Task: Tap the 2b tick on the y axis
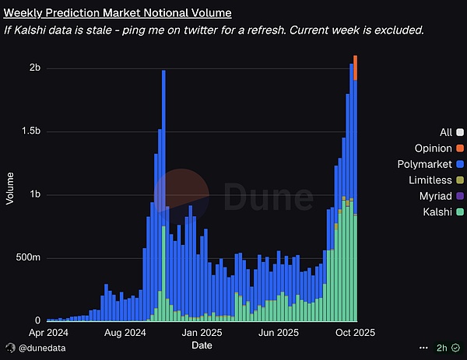(x=34, y=68)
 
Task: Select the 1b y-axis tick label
(x=34, y=195)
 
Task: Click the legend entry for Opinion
(x=433, y=148)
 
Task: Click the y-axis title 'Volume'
(x=10, y=189)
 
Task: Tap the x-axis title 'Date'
(x=202, y=344)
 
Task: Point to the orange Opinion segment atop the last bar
(x=355, y=68)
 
